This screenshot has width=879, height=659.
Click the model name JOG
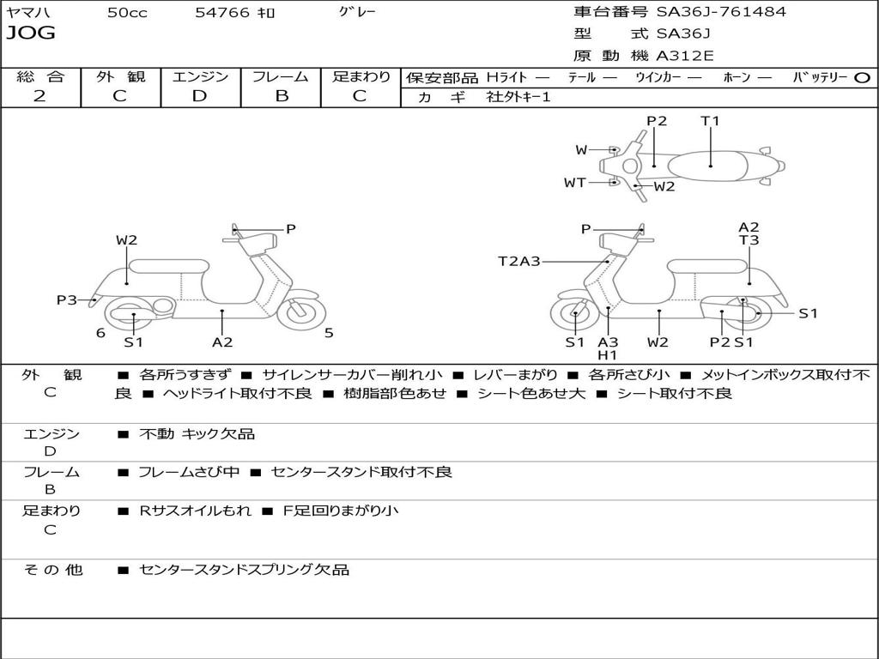click(x=31, y=33)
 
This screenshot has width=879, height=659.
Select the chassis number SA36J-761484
click(x=721, y=12)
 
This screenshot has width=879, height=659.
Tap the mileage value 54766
click(x=222, y=13)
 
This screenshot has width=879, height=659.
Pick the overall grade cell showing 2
click(x=39, y=96)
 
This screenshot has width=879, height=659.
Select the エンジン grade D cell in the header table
click(x=200, y=96)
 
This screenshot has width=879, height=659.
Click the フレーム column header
click(x=281, y=76)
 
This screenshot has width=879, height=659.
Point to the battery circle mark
click(x=863, y=77)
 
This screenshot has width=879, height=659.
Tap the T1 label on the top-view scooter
click(x=710, y=121)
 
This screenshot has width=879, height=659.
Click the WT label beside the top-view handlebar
click(x=574, y=182)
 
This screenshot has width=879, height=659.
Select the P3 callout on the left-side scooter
click(x=67, y=299)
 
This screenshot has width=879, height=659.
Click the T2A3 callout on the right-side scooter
click(x=518, y=261)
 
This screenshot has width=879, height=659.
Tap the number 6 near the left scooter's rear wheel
click(x=100, y=333)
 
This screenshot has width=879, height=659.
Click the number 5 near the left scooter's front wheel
click(x=329, y=333)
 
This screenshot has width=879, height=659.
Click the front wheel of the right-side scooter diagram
click(x=574, y=315)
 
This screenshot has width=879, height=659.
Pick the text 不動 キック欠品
click(x=197, y=434)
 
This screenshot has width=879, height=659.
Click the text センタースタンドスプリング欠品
click(x=244, y=570)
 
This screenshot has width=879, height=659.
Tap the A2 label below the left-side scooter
click(x=222, y=342)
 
